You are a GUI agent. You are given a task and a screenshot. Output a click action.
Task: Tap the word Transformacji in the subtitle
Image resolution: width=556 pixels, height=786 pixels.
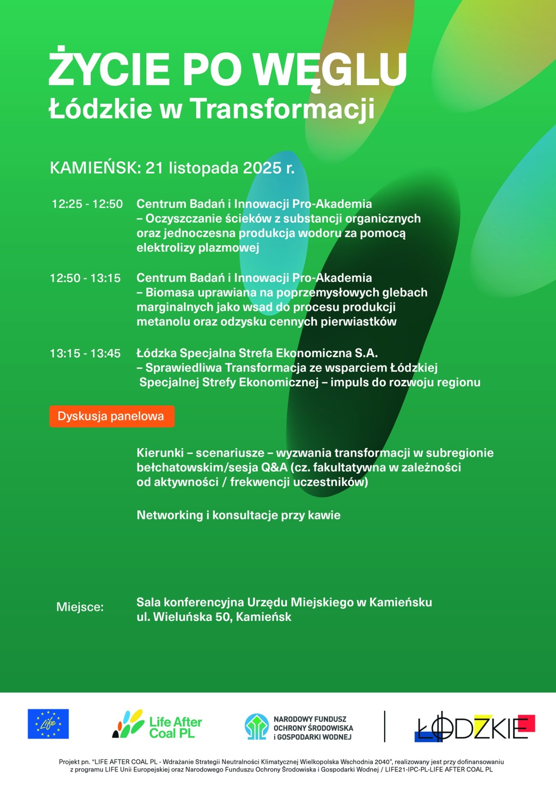(x=282, y=109)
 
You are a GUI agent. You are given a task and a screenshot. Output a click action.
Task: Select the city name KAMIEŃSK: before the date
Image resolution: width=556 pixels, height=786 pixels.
(x=95, y=168)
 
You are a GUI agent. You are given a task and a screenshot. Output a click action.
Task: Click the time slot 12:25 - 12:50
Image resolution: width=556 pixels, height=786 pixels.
(x=87, y=204)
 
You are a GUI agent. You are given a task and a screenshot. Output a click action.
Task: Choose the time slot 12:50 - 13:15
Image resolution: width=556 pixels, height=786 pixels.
(x=85, y=278)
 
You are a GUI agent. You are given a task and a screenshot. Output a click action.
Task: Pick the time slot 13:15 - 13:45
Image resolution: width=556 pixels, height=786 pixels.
(x=85, y=353)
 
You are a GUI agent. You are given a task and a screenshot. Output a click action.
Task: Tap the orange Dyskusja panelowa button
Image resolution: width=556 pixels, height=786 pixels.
(x=111, y=416)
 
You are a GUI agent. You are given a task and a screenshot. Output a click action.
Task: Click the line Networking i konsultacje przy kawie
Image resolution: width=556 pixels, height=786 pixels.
(x=238, y=515)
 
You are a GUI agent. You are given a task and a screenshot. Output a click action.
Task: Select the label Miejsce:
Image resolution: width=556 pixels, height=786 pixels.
(x=80, y=607)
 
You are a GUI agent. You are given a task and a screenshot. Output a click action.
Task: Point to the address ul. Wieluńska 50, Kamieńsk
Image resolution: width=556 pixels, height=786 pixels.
(x=214, y=617)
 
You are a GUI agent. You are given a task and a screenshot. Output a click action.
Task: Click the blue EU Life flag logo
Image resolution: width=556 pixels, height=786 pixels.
(x=48, y=724)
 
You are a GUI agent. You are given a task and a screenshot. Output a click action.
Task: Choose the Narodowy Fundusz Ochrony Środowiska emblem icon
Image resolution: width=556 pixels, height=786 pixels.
(x=256, y=727)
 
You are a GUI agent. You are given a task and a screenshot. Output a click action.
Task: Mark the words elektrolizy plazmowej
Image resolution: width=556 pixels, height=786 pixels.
(x=198, y=248)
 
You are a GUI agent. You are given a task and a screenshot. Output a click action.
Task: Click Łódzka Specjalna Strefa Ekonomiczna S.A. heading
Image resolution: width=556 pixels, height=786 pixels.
(x=257, y=353)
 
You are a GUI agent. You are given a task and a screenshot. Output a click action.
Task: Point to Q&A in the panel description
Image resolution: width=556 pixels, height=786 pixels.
(x=274, y=468)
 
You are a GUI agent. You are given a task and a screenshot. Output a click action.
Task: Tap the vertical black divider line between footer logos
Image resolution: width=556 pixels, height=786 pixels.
(x=385, y=726)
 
